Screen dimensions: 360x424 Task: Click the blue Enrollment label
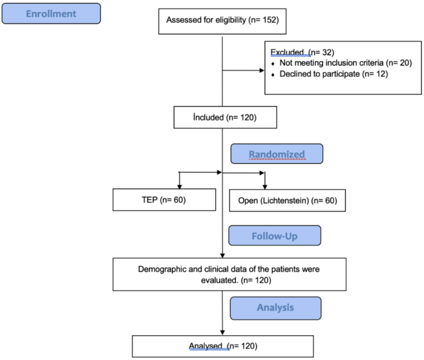pos(51,14)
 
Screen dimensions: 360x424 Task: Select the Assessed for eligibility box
pos(222,22)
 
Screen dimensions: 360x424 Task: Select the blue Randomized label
pos(276,154)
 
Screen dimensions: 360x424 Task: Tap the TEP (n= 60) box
pos(164,200)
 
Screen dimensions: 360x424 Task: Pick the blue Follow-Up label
pos(275,236)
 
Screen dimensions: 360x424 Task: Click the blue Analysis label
pos(275,307)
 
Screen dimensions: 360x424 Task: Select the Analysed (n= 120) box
pos(222,346)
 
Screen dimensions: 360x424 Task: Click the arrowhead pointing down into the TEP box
pos(179,186)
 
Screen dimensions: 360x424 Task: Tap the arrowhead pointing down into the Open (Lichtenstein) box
pos(265,186)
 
